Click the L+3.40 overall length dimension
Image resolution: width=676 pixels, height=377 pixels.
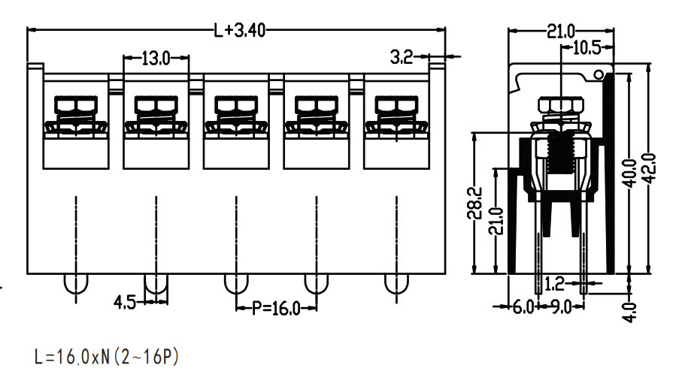point(240,30)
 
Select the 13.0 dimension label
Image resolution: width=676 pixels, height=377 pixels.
point(156,58)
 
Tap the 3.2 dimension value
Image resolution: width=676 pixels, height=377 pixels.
point(402,57)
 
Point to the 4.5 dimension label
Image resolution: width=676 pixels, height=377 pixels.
point(125,302)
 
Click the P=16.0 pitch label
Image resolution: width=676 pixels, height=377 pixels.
point(276,308)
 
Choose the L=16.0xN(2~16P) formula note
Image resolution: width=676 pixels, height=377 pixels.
point(107,357)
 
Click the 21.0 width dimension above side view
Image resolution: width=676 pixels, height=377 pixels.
point(561,32)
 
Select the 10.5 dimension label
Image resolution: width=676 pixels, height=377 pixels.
point(587,48)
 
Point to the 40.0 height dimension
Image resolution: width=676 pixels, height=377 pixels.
point(630,173)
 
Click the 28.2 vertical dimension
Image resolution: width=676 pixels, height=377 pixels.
point(474,203)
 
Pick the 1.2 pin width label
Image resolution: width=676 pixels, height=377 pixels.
point(554,284)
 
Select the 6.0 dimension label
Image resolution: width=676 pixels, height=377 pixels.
point(523,307)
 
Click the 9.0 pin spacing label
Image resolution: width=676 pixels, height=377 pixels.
point(561,307)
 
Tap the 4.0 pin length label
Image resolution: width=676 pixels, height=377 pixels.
point(629,312)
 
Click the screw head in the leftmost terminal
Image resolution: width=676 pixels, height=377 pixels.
point(76,105)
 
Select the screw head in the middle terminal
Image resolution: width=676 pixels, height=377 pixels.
point(236,105)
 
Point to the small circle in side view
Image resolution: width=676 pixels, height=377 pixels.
point(599,75)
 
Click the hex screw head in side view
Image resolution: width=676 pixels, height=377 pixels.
point(560,104)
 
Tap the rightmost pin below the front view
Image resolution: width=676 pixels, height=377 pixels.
point(396,283)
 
